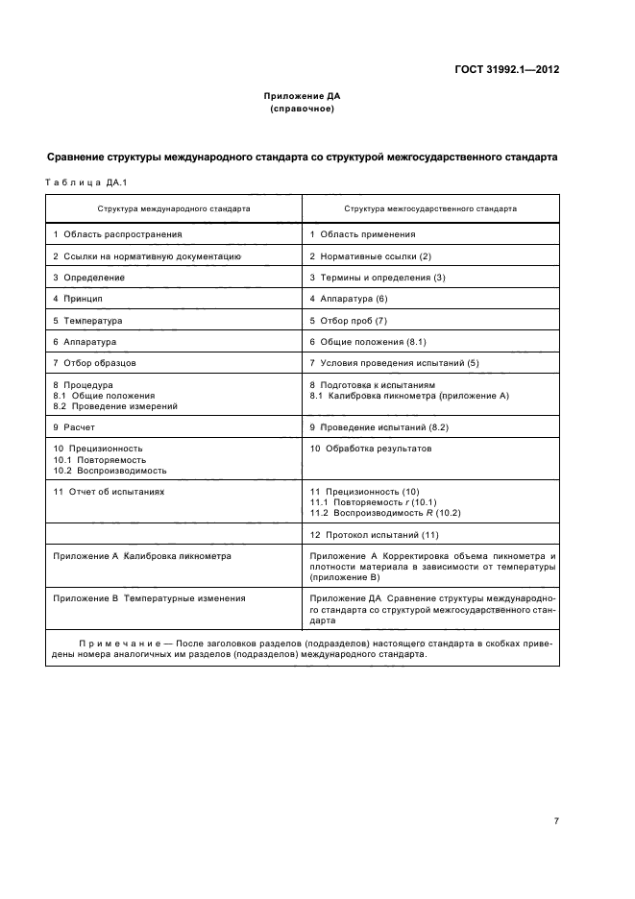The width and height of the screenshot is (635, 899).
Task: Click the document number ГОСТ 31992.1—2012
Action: [506, 69]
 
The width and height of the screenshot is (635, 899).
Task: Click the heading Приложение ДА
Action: [303, 96]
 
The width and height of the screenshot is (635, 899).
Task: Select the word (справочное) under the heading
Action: [303, 109]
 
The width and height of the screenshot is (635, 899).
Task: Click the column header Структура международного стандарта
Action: [174, 207]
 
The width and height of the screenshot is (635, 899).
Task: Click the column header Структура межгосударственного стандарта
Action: [429, 207]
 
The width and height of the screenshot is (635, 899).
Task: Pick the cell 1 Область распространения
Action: [117, 233]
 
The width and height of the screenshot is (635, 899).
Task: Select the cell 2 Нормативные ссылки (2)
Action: [371, 256]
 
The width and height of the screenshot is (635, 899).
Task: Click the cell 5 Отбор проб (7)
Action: [348, 320]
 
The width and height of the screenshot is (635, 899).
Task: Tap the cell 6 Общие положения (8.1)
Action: [368, 341]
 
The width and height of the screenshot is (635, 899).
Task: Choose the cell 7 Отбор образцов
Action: [94, 362]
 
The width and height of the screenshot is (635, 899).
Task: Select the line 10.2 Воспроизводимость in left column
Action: [110, 471]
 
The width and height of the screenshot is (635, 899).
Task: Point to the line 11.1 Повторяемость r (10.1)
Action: [373, 502]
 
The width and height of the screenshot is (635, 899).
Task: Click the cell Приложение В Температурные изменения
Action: [149, 597]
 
